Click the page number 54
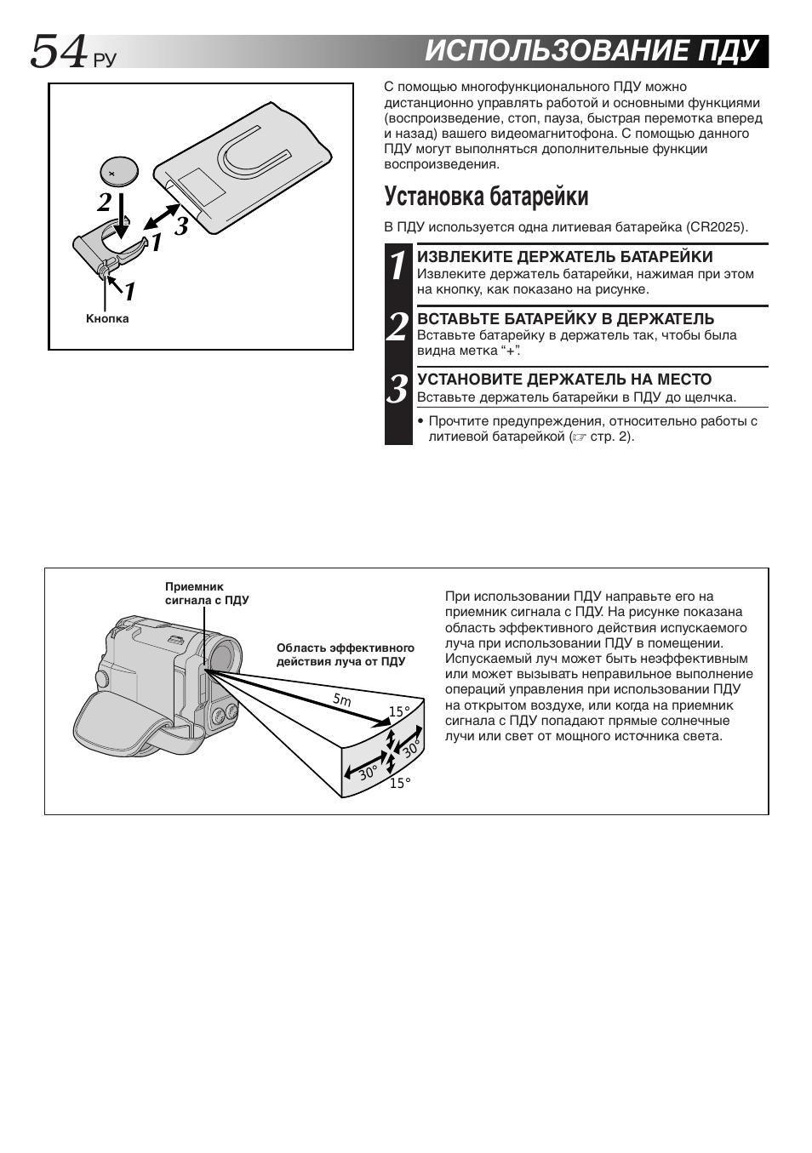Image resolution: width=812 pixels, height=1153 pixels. pyautogui.click(x=58, y=52)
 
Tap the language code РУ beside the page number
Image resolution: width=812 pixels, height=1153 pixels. pyautogui.click(x=103, y=60)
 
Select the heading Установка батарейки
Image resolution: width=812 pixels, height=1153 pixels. pyautogui.click(x=486, y=197)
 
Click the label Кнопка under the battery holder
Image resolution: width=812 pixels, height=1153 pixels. pyautogui.click(x=107, y=319)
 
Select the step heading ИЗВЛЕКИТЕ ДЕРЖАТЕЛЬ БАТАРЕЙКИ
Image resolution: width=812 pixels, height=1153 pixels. pyautogui.click(x=564, y=257)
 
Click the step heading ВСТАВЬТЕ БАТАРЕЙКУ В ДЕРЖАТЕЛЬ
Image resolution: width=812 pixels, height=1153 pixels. pyautogui.click(x=565, y=319)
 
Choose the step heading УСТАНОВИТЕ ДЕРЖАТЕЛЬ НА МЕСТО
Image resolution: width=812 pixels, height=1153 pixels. pyautogui.click(x=563, y=380)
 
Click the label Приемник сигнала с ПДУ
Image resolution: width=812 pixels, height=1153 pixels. pyautogui.click(x=206, y=593)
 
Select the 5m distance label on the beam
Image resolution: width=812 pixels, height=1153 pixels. pyautogui.click(x=341, y=699)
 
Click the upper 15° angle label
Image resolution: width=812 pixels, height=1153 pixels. pyautogui.click(x=399, y=711)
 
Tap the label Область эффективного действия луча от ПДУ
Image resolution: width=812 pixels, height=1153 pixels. pyautogui.click(x=345, y=654)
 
